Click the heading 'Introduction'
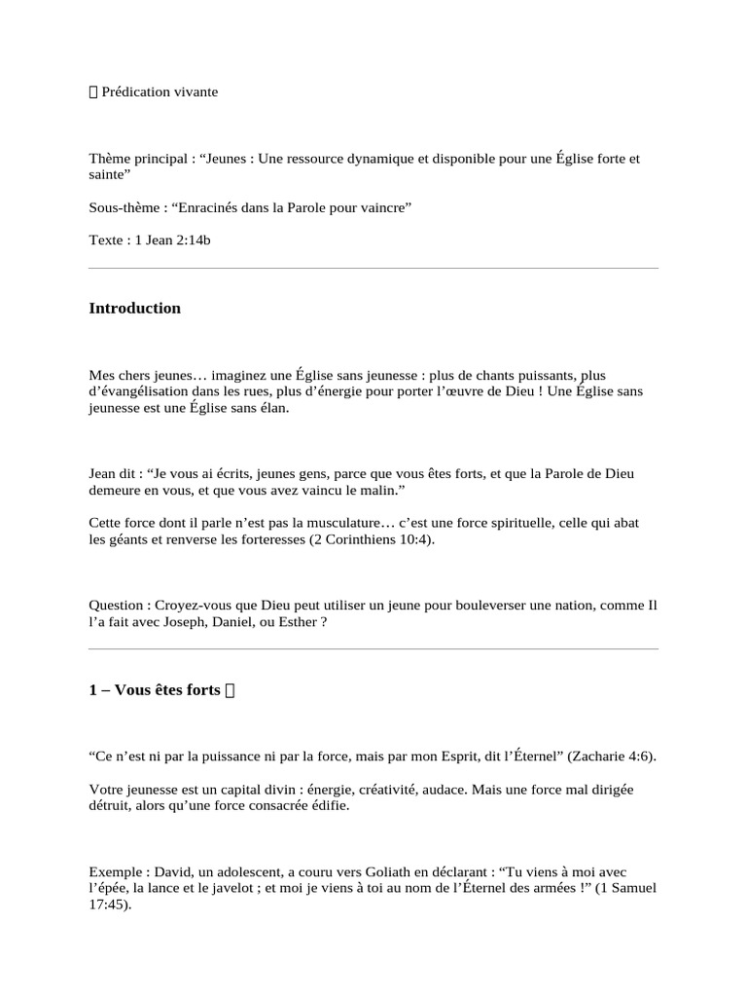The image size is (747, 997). [x=134, y=309]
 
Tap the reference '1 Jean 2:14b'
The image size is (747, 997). [x=169, y=240]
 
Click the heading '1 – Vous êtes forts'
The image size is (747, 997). [x=155, y=690]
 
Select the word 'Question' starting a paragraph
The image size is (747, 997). [x=115, y=605]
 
